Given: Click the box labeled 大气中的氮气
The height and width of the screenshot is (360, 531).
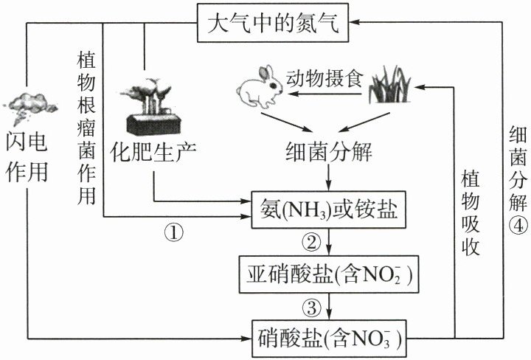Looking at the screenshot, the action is (273, 23).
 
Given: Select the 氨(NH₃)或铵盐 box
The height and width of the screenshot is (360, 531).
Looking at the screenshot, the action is (328, 210).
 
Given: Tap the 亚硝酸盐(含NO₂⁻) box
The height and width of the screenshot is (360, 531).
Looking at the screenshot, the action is (328, 274).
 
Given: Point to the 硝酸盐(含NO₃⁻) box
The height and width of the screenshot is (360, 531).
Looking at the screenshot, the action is (329, 339).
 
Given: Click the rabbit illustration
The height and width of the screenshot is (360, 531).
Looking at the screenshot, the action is (260, 87).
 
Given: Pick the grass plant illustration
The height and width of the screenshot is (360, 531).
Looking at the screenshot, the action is (389, 85).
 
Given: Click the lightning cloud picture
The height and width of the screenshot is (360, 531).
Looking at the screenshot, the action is (30, 107).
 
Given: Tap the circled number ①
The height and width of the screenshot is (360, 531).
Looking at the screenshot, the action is (174, 232).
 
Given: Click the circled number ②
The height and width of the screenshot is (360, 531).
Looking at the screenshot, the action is (311, 242).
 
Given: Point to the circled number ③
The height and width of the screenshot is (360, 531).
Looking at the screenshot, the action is (311, 307).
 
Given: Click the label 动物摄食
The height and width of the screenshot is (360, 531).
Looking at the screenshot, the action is (324, 79).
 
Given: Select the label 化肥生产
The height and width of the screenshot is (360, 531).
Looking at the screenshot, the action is (153, 151).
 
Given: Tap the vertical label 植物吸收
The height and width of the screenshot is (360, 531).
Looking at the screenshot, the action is (471, 213).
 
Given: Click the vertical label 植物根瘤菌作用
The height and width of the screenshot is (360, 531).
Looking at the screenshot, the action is (86, 128).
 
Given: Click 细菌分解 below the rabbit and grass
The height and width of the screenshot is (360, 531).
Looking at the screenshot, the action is (328, 151).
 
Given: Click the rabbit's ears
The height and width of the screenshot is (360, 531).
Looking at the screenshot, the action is (265, 73).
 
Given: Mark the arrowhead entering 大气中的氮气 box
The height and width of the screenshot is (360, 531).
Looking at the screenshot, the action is (354, 22).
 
